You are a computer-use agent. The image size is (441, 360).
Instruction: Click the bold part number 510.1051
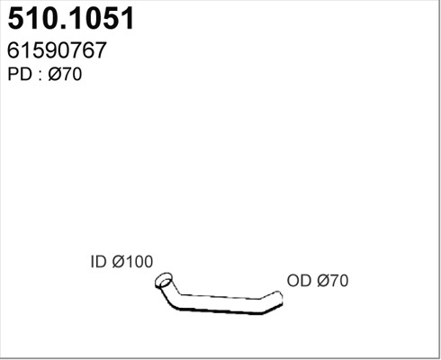[71, 18]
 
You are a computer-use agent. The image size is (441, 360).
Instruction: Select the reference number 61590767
[57, 50]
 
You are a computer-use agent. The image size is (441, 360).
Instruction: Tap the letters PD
[20, 74]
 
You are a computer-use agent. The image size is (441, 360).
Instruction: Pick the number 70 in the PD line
[72, 74]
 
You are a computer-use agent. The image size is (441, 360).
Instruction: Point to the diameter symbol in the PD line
[55, 74]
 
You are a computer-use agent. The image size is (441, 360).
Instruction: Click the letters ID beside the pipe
[98, 262]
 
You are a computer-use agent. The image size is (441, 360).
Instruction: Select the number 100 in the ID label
[139, 262]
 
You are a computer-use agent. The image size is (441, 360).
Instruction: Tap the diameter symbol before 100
[119, 262]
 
